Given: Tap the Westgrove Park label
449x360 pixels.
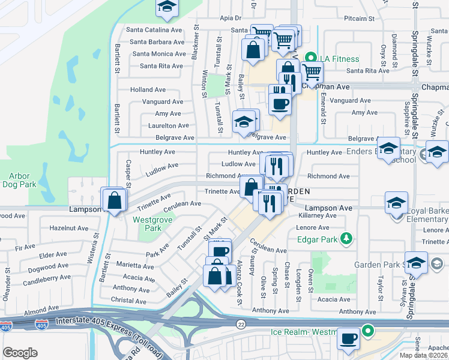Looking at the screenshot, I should (x=147, y=224).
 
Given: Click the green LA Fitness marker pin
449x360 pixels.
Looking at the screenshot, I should (x=310, y=59).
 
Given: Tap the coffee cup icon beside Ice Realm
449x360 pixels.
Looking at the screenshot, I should (x=348, y=338).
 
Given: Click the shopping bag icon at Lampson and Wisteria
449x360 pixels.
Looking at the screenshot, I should (x=113, y=199).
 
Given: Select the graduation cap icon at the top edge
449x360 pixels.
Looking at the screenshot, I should (x=165, y=7).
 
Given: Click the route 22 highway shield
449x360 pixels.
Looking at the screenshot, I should (x=240, y=323).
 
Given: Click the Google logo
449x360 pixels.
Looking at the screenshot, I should (x=20, y=353).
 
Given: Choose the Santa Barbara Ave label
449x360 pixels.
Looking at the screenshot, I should (x=157, y=42).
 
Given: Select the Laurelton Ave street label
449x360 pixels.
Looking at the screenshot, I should (x=169, y=126).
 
